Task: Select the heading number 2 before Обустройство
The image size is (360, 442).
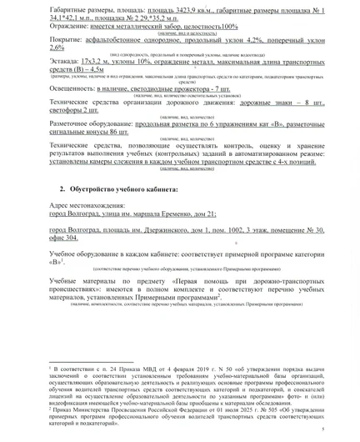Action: [x=62, y=189]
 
